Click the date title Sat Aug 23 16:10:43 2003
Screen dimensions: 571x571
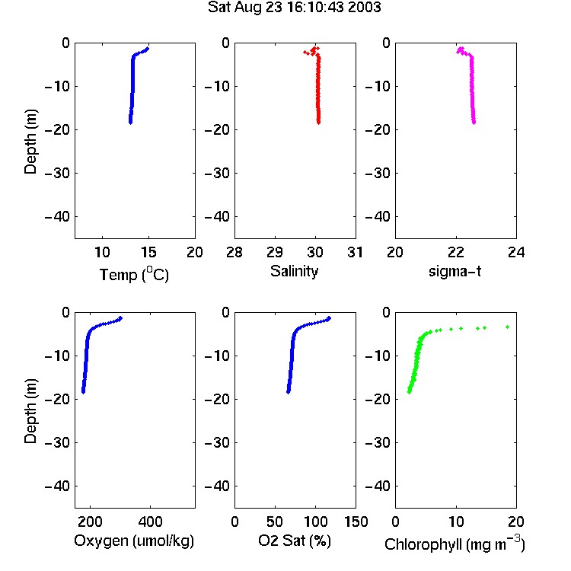[x=294, y=7]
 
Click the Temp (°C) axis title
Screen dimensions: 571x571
[x=134, y=274]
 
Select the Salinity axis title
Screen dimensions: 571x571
[x=294, y=272]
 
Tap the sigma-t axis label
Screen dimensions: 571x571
[x=455, y=271]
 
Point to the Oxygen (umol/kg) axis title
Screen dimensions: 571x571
[x=134, y=541]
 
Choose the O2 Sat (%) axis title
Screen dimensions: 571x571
[x=295, y=541]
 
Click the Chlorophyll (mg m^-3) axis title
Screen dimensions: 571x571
[x=455, y=544]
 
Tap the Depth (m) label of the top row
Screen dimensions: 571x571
[x=30, y=142]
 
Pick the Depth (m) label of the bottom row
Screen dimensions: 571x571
[x=30, y=411]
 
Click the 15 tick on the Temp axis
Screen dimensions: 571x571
[x=148, y=252]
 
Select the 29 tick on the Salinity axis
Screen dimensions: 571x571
[x=275, y=252]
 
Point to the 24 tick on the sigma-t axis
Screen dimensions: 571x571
[x=516, y=252]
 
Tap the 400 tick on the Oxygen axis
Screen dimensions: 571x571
[x=150, y=522]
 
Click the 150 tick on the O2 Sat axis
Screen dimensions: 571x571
[x=356, y=522]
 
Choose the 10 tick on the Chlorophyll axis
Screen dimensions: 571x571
[x=456, y=522]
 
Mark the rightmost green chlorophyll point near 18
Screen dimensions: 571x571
[x=507, y=327]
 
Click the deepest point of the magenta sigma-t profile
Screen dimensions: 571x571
[x=474, y=123]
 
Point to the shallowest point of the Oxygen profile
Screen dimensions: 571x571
[x=120, y=318]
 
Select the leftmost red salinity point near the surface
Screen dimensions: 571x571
[x=305, y=52]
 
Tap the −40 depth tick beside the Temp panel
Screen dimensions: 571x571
[x=57, y=217]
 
